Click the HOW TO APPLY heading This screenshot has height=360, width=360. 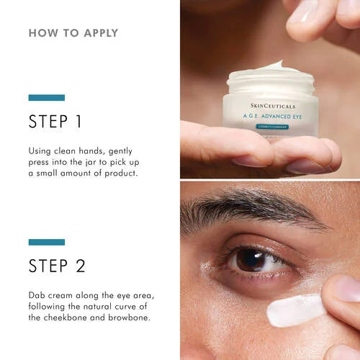point(73,33)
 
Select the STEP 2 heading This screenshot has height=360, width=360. point(58,266)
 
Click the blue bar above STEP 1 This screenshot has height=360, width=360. point(47,97)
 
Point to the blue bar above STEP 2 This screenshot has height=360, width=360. point(47,242)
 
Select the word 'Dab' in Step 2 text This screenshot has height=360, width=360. point(38,295)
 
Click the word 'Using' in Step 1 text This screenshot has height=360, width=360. point(42,151)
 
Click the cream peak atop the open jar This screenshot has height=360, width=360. point(273,66)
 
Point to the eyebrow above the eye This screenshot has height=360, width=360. point(245,208)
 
